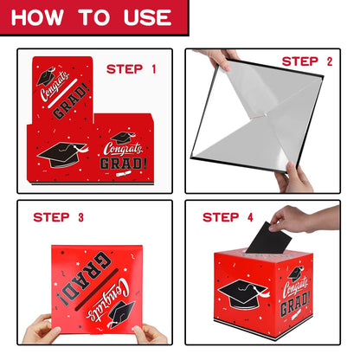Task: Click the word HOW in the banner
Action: point(37,17)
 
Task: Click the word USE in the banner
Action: point(147,17)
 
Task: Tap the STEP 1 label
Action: point(132,69)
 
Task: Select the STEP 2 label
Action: point(307,61)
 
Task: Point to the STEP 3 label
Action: point(59,217)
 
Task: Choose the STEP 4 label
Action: point(228,217)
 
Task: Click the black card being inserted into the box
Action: point(268,238)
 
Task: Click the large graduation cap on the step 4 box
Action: point(244,293)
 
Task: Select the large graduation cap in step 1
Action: point(62,154)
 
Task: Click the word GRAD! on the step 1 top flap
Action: point(71,102)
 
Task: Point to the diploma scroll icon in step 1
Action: point(124,173)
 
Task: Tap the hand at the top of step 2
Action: point(218,59)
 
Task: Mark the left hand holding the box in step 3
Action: point(41,330)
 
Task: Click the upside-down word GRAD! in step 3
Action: point(83,278)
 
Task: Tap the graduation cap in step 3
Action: point(121,314)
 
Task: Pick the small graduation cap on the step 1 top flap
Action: point(45,76)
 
